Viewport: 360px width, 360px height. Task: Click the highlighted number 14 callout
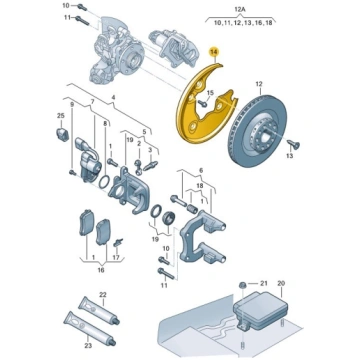click(213, 52)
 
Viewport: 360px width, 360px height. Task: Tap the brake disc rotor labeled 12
click(257, 132)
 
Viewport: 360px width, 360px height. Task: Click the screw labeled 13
click(293, 144)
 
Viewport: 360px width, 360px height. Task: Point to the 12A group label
click(240, 10)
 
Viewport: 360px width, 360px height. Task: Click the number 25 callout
click(60, 116)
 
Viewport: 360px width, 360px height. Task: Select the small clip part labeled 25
click(61, 133)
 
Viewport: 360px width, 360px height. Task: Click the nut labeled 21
click(243, 284)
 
